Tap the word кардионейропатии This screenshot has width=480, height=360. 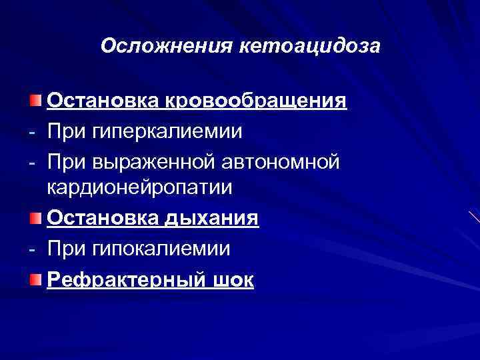pos(140,187)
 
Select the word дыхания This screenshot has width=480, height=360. pos(215,217)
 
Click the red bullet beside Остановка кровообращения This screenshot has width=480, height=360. pos(35,101)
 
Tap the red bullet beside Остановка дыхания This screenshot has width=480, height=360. pos(35,218)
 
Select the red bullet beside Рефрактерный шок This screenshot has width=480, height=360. pos(35,277)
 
